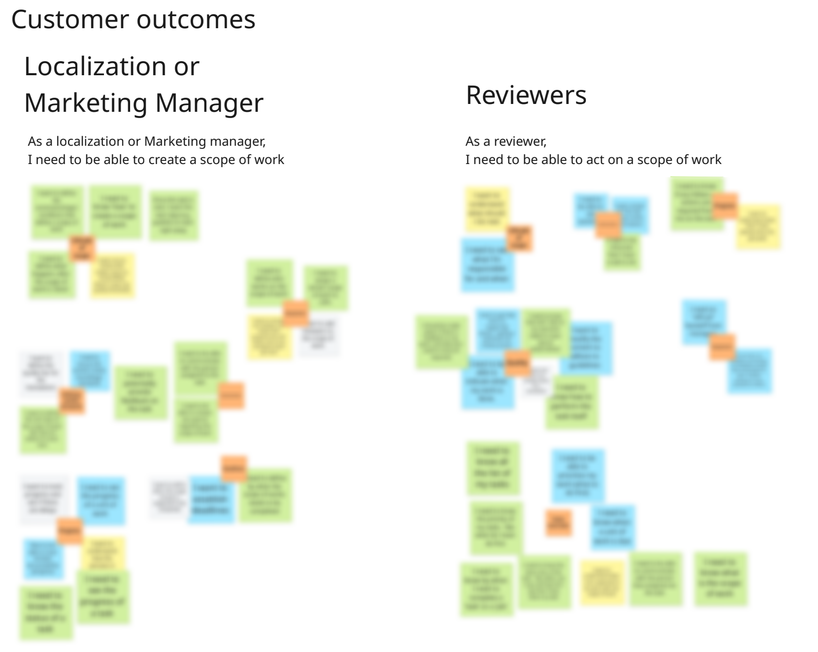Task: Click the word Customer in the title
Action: [x=70, y=19]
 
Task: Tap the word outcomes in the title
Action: [x=196, y=19]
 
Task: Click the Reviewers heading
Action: [x=526, y=95]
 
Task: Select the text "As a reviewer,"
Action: [x=506, y=142]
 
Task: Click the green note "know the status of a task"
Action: [x=46, y=612]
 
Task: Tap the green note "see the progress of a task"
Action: [x=103, y=596]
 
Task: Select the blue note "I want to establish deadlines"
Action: [x=211, y=499]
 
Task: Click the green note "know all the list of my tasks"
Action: [x=493, y=468]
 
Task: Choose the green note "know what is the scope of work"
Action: [x=720, y=578]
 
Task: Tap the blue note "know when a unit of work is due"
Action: [x=613, y=527]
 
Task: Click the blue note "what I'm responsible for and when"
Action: [x=487, y=264]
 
